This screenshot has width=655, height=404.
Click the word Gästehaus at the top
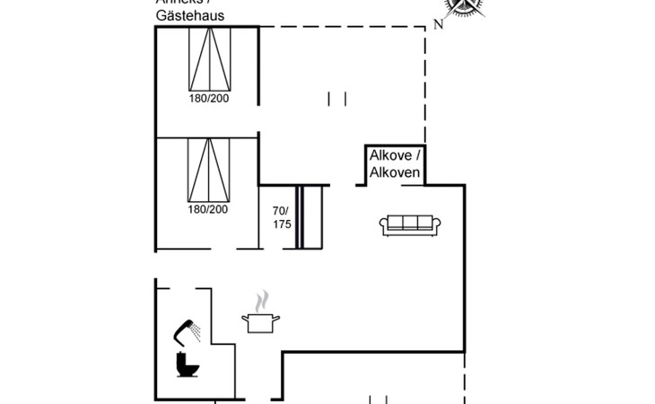coord(189,16)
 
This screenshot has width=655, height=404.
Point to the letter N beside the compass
coord(438,25)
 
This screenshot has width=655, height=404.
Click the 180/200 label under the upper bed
coord(209,99)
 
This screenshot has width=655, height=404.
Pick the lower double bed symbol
coord(209,171)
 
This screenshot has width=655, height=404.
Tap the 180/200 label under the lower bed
coord(209,209)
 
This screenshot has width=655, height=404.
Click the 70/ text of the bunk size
coord(282,211)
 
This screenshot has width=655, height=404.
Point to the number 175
coord(282,224)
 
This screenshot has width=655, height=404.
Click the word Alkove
coord(391,155)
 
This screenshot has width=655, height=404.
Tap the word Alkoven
coord(395,172)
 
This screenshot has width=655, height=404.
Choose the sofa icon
coord(409,225)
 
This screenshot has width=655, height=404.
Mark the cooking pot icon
coord(260,321)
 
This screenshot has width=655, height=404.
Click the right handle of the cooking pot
coord(277,318)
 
